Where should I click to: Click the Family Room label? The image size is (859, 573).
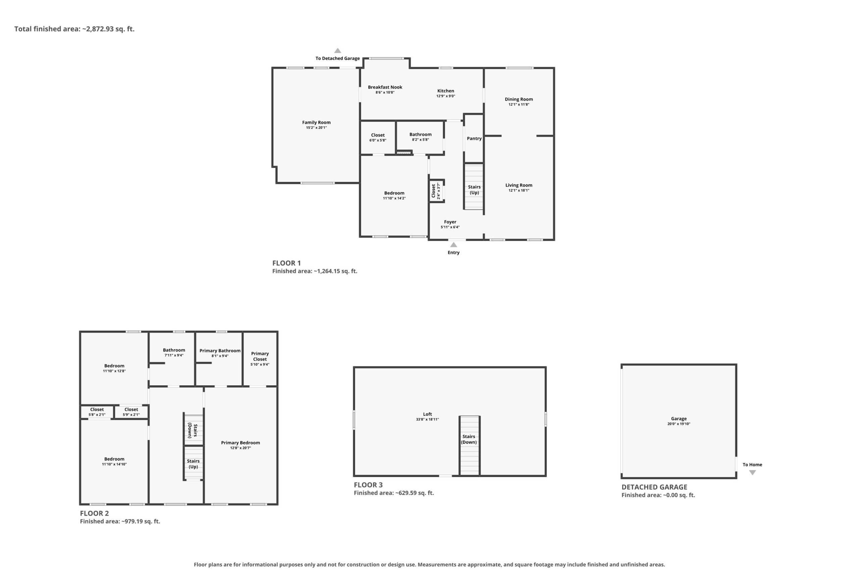point(316,123)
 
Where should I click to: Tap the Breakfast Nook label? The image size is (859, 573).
point(385,87)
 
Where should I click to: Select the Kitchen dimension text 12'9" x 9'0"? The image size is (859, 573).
point(446,96)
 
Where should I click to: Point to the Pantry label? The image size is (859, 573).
point(474,139)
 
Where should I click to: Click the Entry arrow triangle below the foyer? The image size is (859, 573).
point(453,244)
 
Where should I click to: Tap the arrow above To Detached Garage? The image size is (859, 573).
point(338,51)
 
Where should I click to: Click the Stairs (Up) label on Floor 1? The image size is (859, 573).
point(474,190)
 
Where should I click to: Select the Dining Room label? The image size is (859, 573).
point(519,99)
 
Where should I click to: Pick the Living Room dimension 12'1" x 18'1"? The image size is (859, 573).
point(519,190)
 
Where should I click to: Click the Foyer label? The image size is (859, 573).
point(450,222)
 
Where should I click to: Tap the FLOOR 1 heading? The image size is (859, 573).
point(286,263)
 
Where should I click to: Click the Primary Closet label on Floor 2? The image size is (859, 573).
point(260,356)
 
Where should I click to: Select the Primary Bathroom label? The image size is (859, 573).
point(220,351)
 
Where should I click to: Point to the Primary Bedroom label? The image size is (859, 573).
point(240,443)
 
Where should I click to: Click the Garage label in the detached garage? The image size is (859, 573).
point(678,419)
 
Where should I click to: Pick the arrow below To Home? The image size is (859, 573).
point(752,473)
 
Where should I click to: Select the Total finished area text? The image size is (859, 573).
point(74,29)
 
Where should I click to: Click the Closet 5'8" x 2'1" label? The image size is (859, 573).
point(97,412)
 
